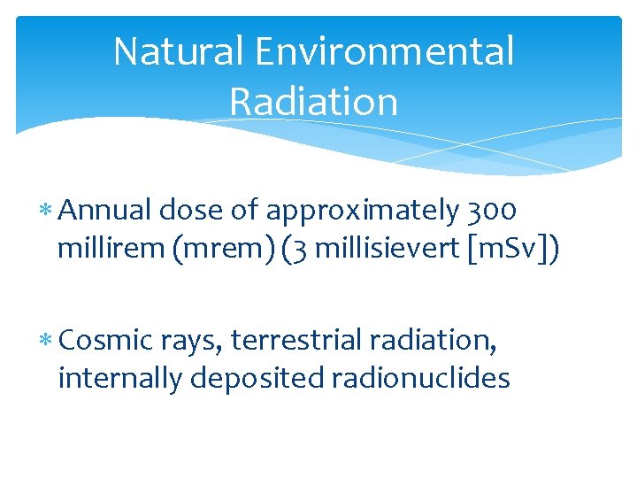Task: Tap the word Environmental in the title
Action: coord(385,51)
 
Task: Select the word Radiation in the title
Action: coord(313,101)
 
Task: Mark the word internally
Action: coord(120,379)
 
